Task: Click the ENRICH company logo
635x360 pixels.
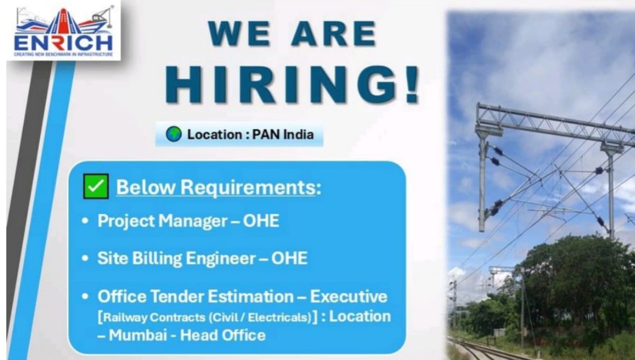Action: [63, 31]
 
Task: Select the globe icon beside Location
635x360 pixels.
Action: [173, 134]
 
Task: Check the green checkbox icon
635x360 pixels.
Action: [96, 186]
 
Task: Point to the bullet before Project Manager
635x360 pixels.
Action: [85, 221]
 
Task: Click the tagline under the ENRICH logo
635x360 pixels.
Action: [63, 54]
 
